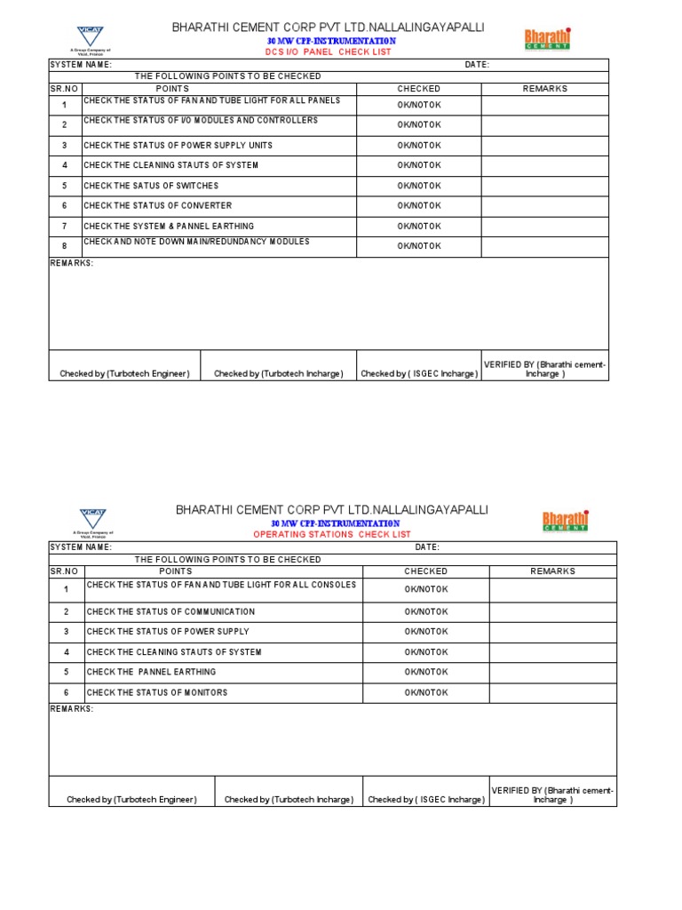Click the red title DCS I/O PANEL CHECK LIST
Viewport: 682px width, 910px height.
(x=329, y=52)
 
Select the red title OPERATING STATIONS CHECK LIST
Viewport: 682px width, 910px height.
(x=332, y=534)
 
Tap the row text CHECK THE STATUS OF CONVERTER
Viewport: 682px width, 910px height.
(x=157, y=206)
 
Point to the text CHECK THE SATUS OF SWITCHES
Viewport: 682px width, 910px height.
(x=150, y=186)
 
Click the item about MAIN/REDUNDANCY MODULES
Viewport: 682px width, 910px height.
(x=196, y=242)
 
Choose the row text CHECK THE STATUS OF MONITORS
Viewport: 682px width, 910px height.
(x=156, y=692)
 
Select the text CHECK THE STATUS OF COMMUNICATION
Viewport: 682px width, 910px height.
(x=170, y=611)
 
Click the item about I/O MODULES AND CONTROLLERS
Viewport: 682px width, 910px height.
(x=200, y=121)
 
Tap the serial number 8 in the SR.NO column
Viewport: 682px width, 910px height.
(x=64, y=247)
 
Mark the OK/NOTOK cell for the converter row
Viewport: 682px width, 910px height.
(x=418, y=206)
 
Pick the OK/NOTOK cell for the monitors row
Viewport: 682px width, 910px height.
(x=426, y=692)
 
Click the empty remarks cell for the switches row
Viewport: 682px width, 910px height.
(x=544, y=186)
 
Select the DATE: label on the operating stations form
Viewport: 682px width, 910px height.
(x=427, y=547)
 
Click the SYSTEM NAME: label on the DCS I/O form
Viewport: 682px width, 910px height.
(x=80, y=65)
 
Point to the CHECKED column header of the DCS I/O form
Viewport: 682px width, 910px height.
(x=418, y=89)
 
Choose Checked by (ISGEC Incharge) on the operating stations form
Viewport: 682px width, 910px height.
(x=426, y=800)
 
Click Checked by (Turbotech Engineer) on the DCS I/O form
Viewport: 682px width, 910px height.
(x=124, y=374)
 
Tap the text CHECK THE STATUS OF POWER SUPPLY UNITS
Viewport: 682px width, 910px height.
(x=178, y=145)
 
